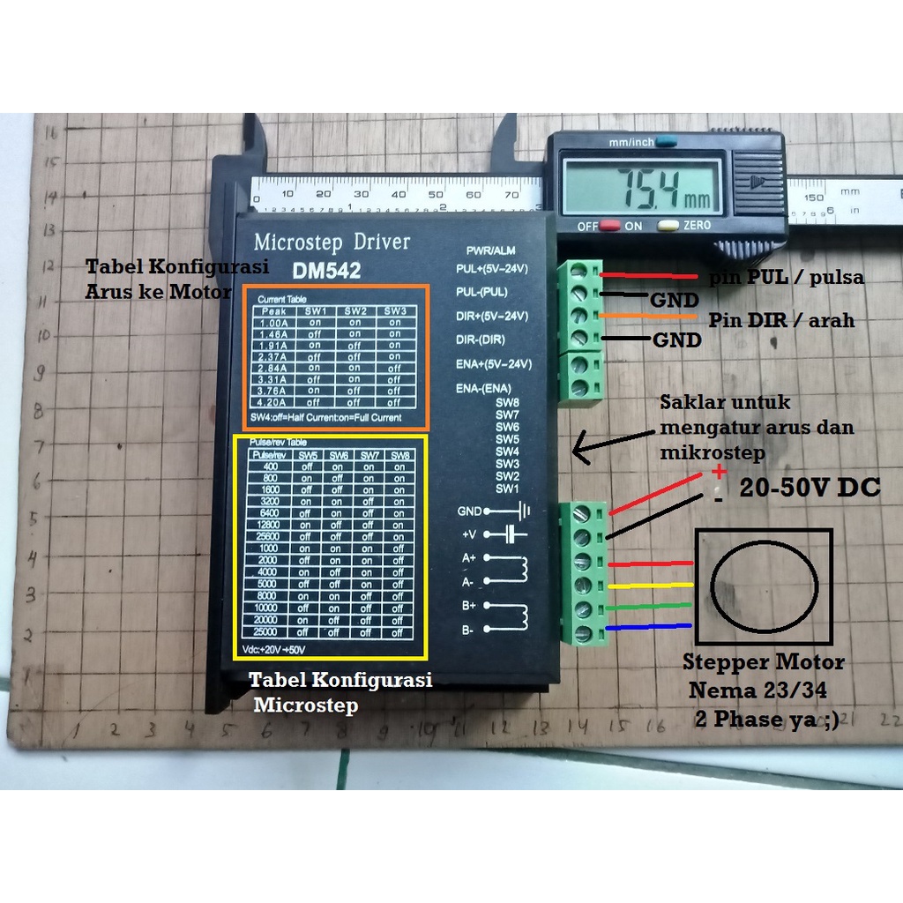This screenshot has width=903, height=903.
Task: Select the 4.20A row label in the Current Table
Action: pos(273,402)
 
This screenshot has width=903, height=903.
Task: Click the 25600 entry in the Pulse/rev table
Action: pos(271,535)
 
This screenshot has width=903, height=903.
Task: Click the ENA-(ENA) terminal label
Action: pos(484,388)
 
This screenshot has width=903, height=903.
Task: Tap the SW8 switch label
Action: pos(507,403)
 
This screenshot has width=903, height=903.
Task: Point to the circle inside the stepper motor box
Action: pos(763,587)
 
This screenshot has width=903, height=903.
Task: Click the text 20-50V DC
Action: pos(809,488)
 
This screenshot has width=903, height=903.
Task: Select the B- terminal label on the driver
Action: pos(467,630)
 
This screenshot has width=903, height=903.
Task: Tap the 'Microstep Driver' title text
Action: pos(332,242)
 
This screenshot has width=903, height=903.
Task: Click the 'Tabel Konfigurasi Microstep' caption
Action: pos(340,692)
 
